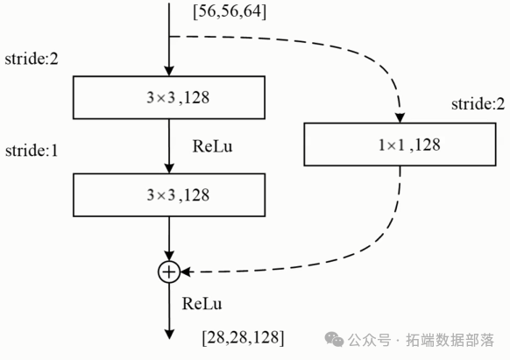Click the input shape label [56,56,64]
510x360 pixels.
pos(230,11)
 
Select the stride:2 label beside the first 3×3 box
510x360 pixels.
pos(30,61)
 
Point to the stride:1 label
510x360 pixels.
pos(30,150)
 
